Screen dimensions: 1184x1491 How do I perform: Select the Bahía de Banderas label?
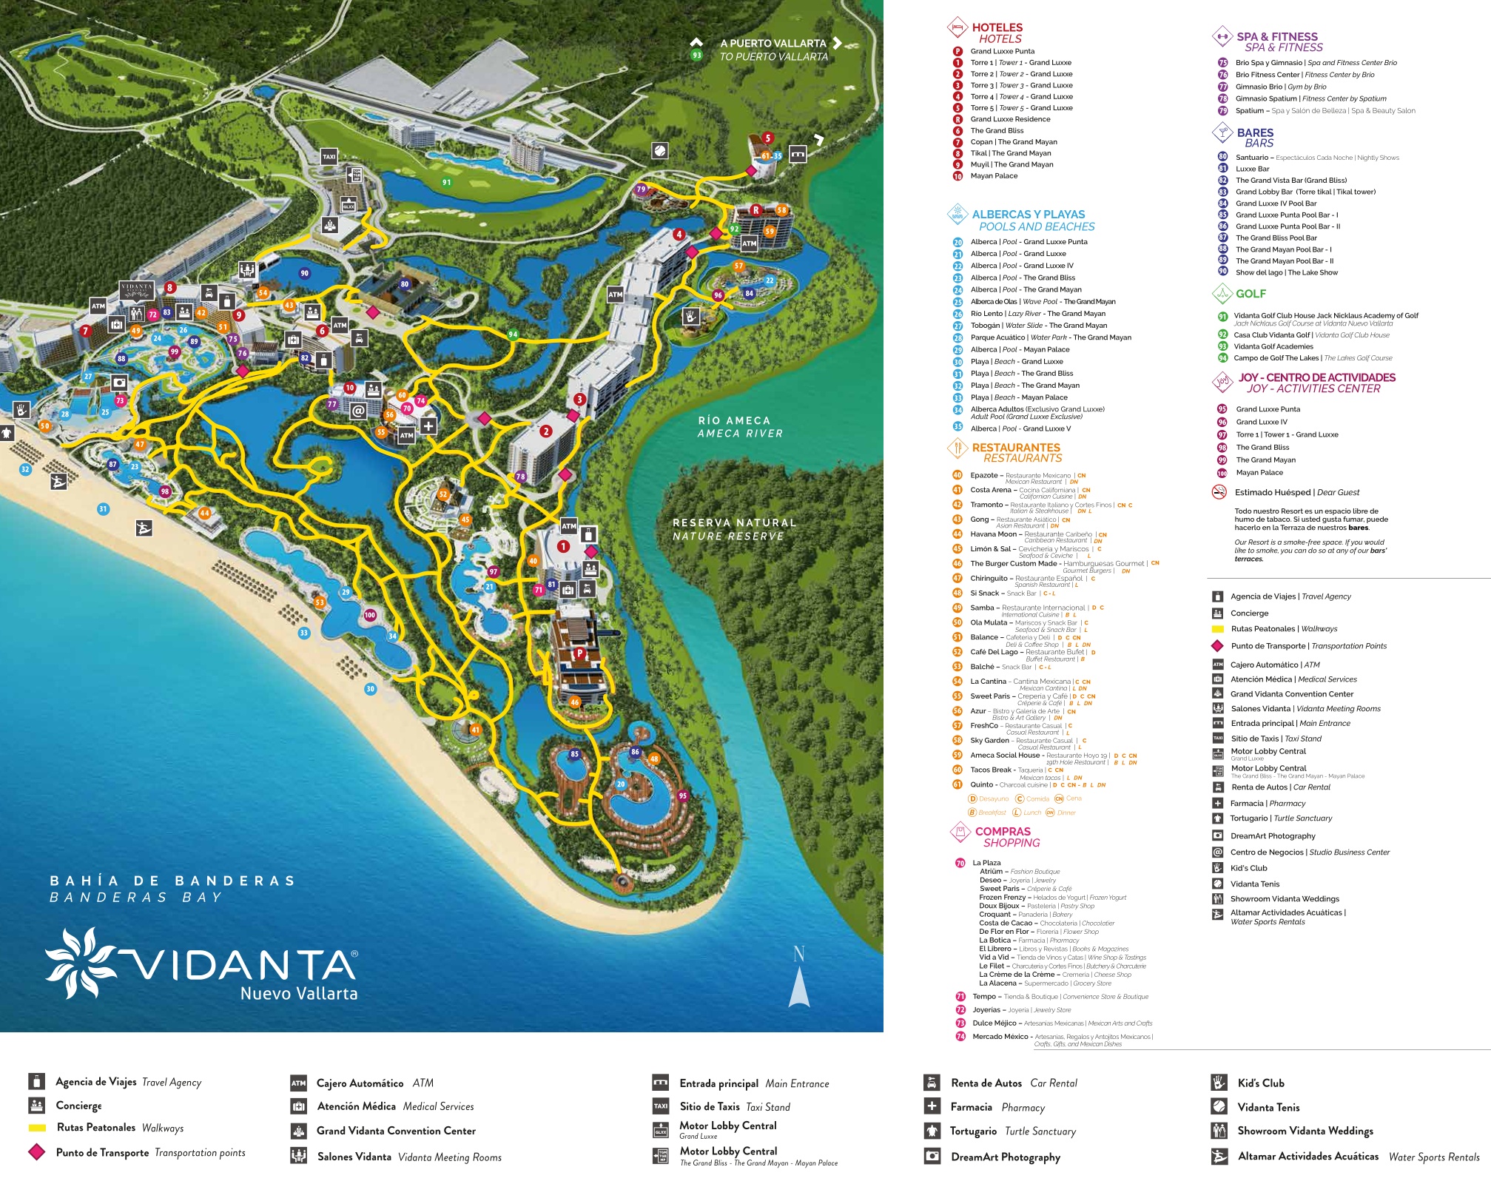pyautogui.click(x=172, y=888)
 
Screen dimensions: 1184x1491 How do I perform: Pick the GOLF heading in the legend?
pyautogui.click(x=1251, y=294)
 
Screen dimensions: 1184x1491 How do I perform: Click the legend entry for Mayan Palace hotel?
pyautogui.click(x=993, y=176)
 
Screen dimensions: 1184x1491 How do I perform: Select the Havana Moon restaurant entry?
pyautogui.click(x=993, y=534)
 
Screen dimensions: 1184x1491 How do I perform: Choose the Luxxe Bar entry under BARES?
pyautogui.click(x=1252, y=169)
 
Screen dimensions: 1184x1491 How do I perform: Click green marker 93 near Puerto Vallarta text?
pyautogui.click(x=696, y=55)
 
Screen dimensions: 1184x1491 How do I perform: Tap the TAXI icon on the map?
pyautogui.click(x=329, y=156)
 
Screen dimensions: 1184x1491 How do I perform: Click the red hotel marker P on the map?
pyautogui.click(x=580, y=653)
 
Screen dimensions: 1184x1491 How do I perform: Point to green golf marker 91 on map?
pyautogui.click(x=446, y=182)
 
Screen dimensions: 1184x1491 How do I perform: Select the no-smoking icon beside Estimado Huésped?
pyautogui.click(x=1219, y=492)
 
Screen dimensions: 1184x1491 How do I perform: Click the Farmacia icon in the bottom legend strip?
pyautogui.click(x=932, y=1106)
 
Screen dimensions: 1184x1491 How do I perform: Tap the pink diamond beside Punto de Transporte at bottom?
pyautogui.click(x=36, y=1152)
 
